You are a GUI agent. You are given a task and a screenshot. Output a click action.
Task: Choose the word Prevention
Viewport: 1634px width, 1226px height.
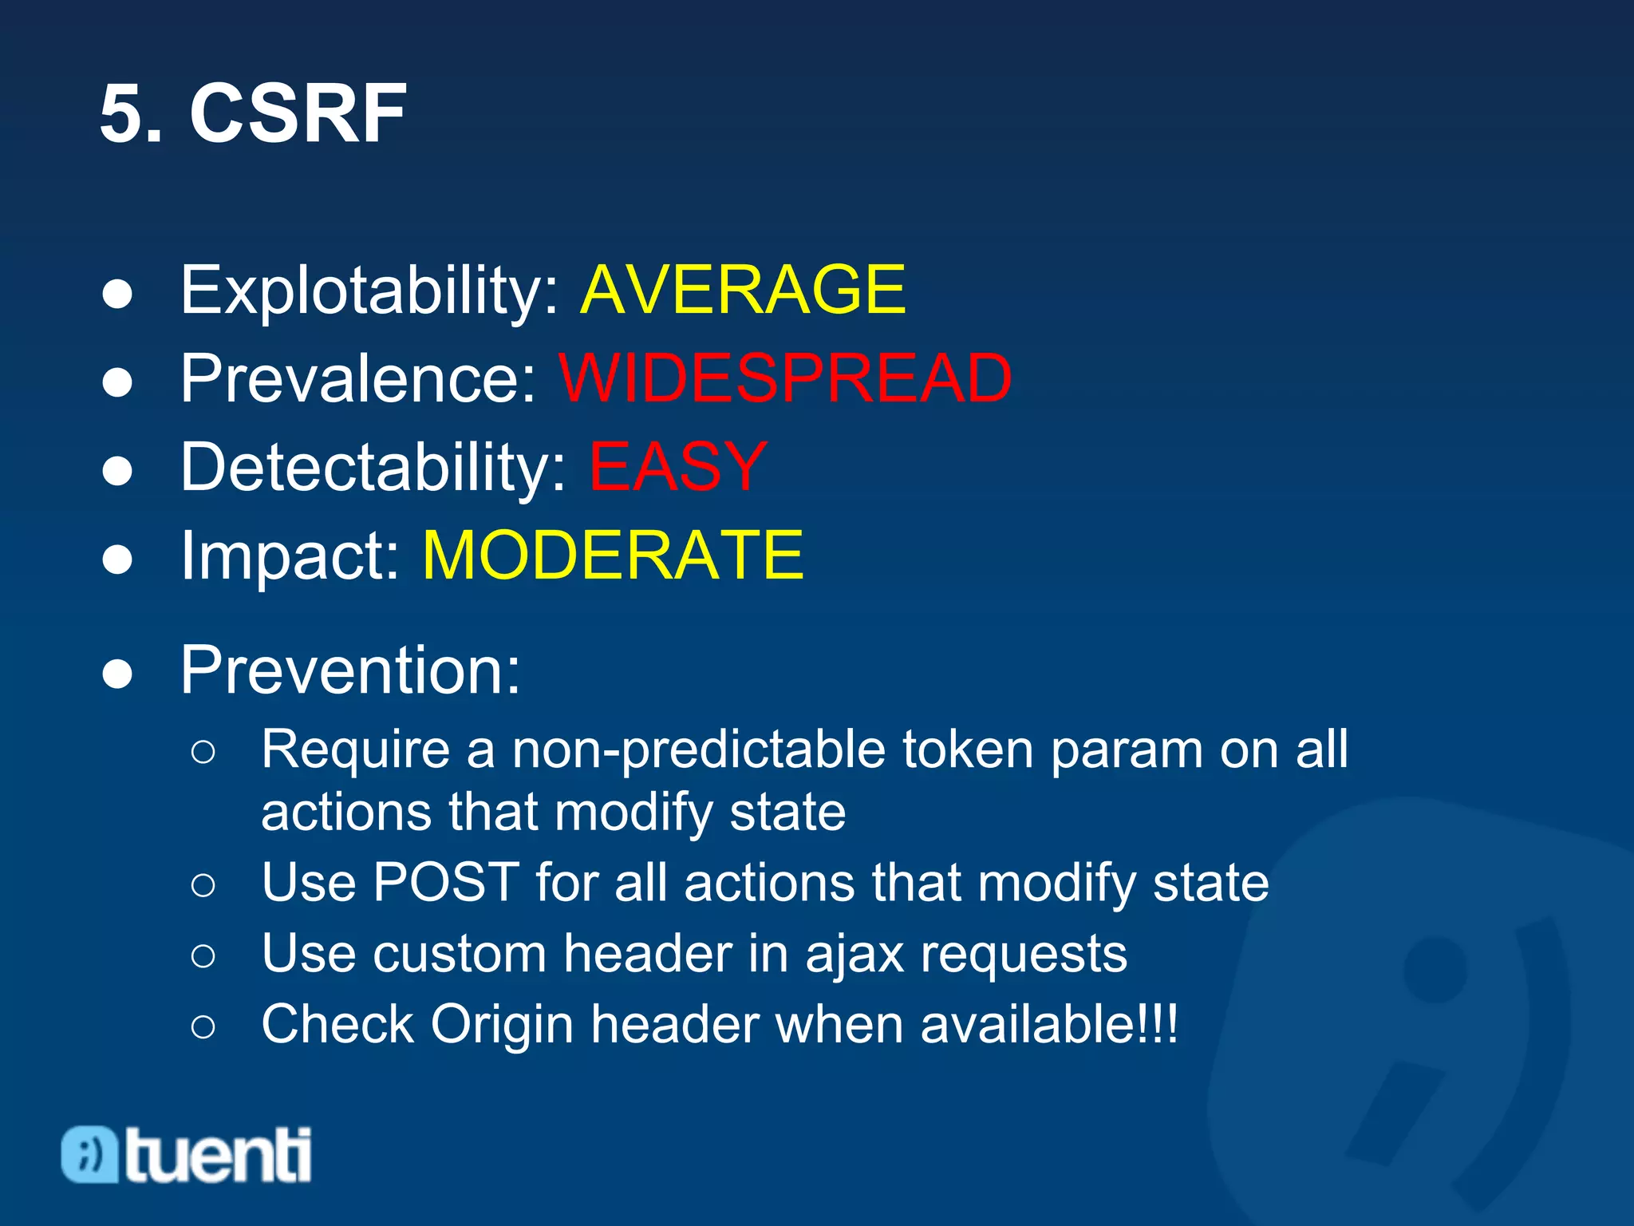pyautogui.click(x=349, y=670)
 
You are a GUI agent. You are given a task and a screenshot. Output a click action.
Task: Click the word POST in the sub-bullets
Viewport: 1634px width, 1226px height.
pyautogui.click(x=447, y=883)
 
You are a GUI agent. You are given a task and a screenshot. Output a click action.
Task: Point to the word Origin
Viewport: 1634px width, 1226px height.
pyautogui.click(x=503, y=1026)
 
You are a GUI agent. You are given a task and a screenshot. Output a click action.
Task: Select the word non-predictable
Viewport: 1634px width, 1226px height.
pyautogui.click(x=698, y=750)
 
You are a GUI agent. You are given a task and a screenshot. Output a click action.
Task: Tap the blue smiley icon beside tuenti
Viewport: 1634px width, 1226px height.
pyautogui.click(x=90, y=1154)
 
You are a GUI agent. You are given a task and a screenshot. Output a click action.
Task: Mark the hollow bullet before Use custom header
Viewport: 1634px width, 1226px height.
pyautogui.click(x=203, y=955)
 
